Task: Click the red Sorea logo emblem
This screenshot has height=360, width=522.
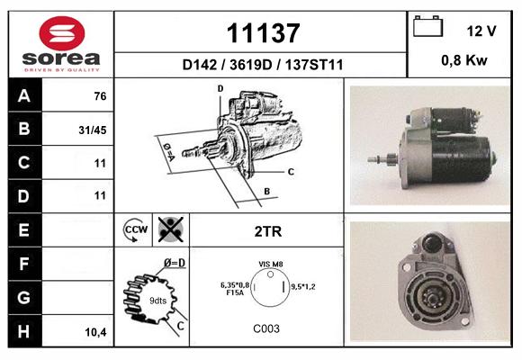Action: pyautogui.click(x=62, y=33)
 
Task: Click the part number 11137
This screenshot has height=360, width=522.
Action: pyautogui.click(x=263, y=33)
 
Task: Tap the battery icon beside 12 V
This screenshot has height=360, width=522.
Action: pyautogui.click(x=427, y=26)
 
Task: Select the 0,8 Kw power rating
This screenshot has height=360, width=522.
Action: pyautogui.click(x=464, y=60)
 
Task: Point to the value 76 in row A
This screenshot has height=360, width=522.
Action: pyautogui.click(x=100, y=96)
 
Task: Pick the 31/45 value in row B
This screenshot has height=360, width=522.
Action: pyautogui.click(x=93, y=130)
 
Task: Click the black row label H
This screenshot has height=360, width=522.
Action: pyautogui.click(x=24, y=331)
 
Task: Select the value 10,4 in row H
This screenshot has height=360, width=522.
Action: pyautogui.click(x=95, y=332)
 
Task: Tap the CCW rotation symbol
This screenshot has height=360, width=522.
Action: pyautogui.click(x=135, y=229)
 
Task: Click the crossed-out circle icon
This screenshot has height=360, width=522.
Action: pyautogui.click(x=171, y=229)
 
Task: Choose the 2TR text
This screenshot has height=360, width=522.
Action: pyautogui.click(x=268, y=231)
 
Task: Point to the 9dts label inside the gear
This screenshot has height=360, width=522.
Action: pyautogui.click(x=157, y=301)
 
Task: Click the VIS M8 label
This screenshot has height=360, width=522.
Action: pyautogui.click(x=271, y=264)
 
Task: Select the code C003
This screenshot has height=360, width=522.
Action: pyautogui.click(x=266, y=328)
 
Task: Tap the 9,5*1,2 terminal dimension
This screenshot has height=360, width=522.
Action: pyautogui.click(x=303, y=286)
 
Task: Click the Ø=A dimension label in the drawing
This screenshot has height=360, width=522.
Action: pyautogui.click(x=168, y=151)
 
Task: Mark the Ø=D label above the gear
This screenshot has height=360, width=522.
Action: pyautogui.click(x=174, y=263)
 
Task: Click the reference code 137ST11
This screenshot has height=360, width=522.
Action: pyautogui.click(x=313, y=65)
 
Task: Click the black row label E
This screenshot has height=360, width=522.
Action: pyautogui.click(x=24, y=230)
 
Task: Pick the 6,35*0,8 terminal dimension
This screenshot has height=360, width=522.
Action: pyautogui.click(x=235, y=285)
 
